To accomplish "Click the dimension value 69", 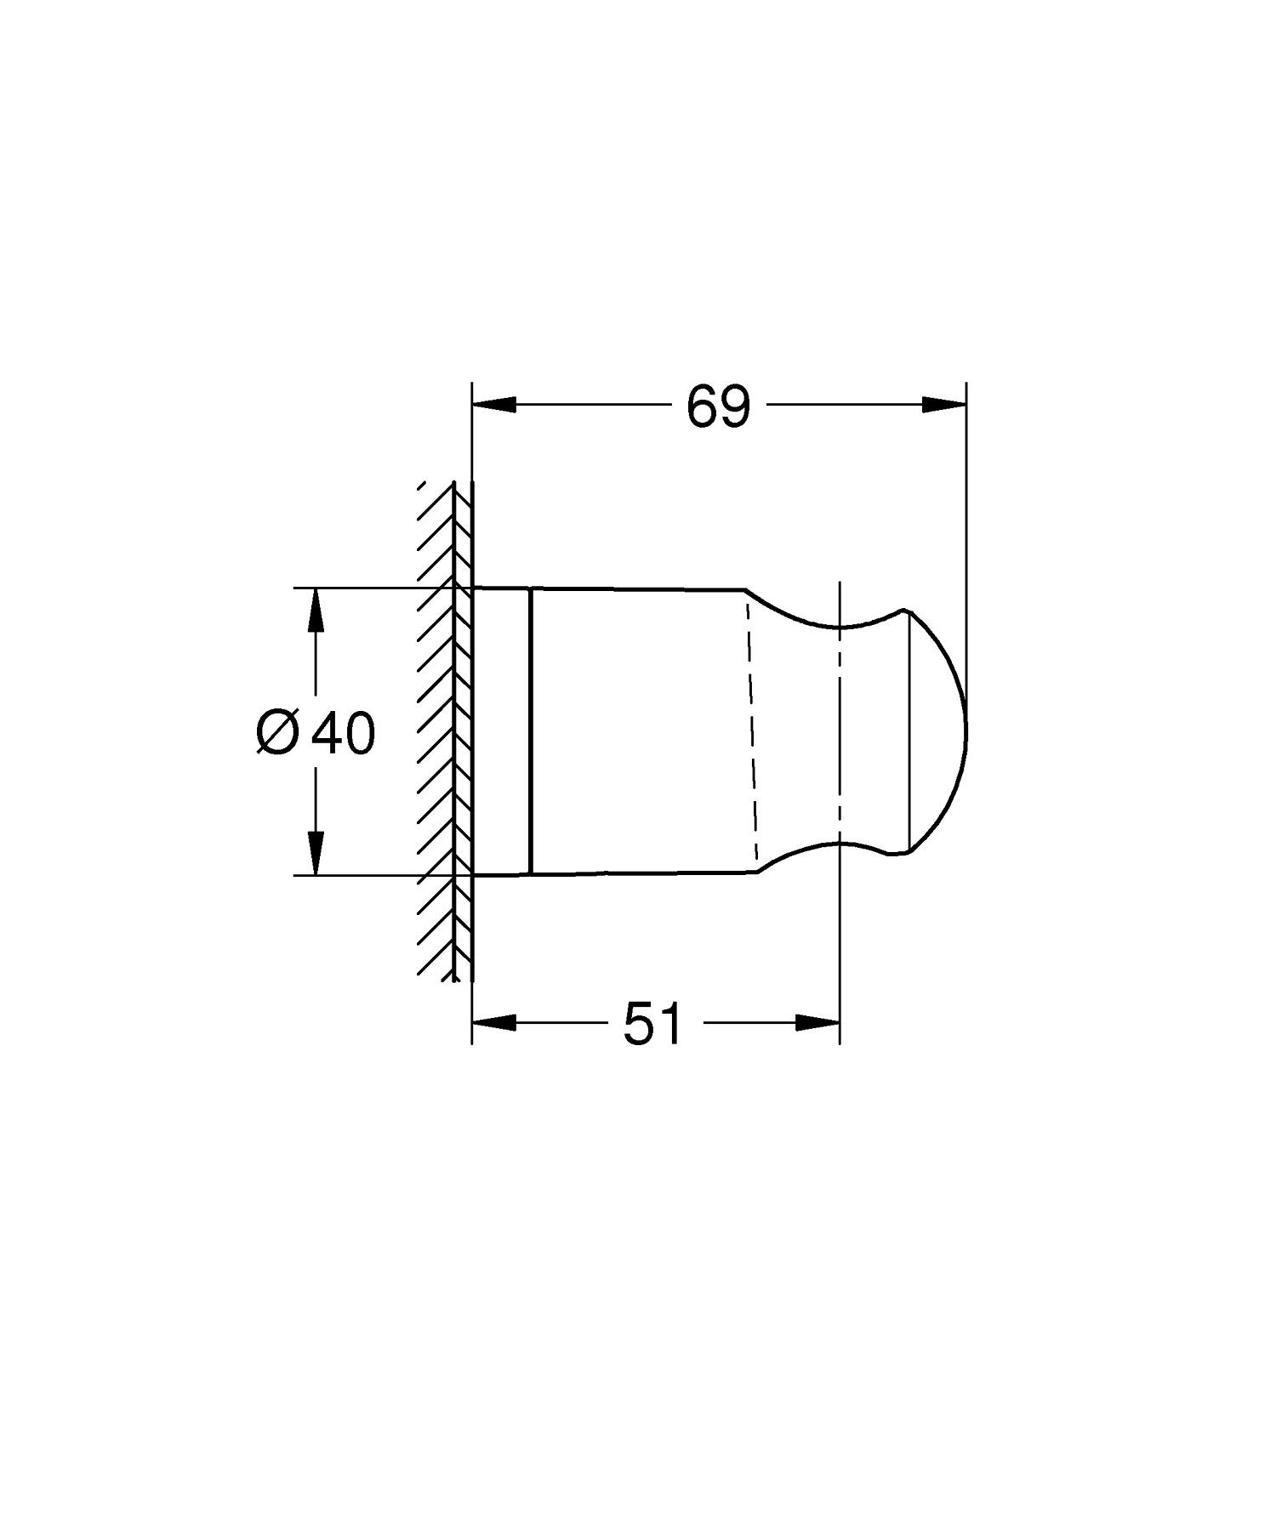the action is point(719,406).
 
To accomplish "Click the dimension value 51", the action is point(652,1024).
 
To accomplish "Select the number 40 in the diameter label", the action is point(342,732).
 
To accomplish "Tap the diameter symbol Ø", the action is point(277,732).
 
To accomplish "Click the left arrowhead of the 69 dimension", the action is point(494,404).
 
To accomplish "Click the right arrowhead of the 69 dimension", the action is point(944,404).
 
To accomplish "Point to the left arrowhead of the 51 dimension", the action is point(494,1022).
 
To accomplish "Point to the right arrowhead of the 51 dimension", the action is point(817,1022).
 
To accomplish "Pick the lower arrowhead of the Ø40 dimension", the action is point(316,852).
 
